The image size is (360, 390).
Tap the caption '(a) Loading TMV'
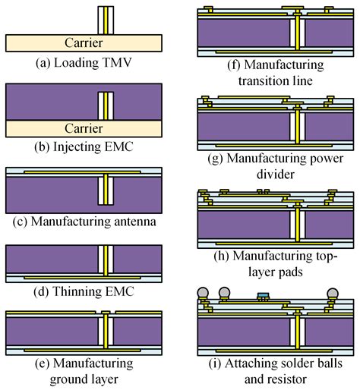[84, 58]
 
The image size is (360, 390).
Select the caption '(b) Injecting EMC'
[84, 146]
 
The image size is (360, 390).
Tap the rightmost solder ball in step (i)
[333, 293]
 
